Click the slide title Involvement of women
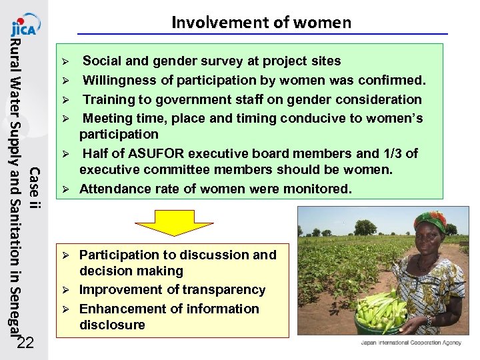pyautogui.click(x=261, y=23)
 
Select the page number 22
pyautogui.click(x=25, y=343)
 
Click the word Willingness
pyautogui.click(x=117, y=80)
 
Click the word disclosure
pyautogui.click(x=112, y=325)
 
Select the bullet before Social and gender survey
pyautogui.click(x=65, y=61)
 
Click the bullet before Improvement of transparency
pyautogui.click(x=65, y=290)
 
